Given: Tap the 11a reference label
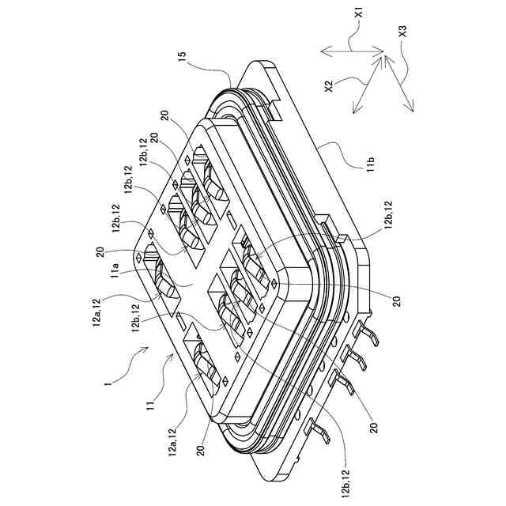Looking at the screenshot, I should [x=115, y=273].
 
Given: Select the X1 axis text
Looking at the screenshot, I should [x=358, y=13].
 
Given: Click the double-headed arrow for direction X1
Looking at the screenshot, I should [x=348, y=51].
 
